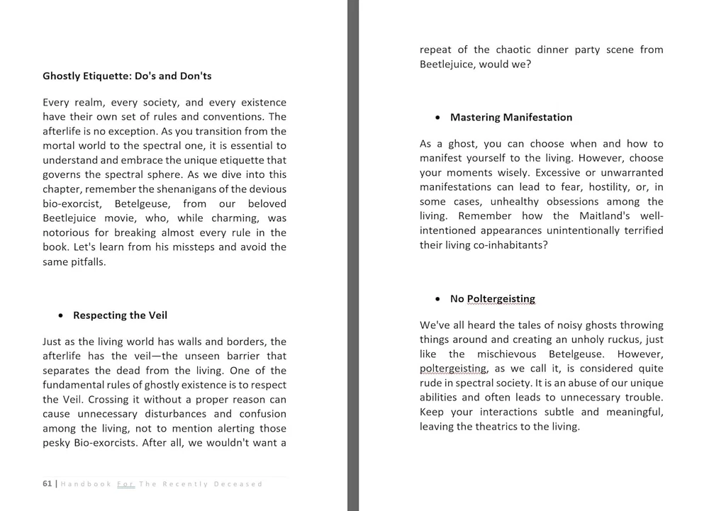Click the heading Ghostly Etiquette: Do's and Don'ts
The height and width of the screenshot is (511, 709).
coord(127,76)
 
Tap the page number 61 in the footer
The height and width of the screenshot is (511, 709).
coord(47,484)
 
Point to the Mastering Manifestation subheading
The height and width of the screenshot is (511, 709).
coord(510,118)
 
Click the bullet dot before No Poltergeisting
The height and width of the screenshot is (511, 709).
coord(438,299)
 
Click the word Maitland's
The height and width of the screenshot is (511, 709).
coord(602,216)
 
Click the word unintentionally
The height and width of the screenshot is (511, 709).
coord(579,230)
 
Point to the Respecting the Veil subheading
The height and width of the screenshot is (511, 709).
coord(120,315)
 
